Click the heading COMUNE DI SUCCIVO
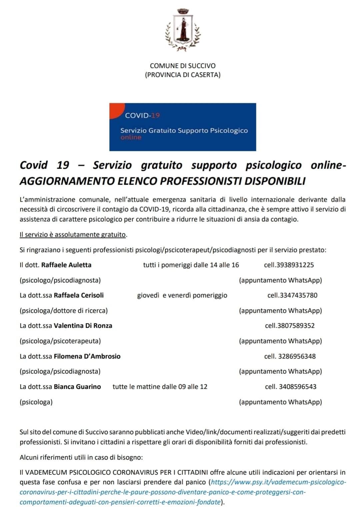[x=183, y=66]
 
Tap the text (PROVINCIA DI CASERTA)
[x=183, y=75]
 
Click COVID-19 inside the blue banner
[x=142, y=115]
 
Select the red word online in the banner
[x=131, y=137]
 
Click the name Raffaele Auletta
[x=66, y=265]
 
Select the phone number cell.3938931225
[x=289, y=265]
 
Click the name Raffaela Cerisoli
[x=79, y=295]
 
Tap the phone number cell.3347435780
[x=292, y=295]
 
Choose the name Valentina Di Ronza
[x=83, y=326]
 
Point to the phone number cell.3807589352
[x=290, y=326]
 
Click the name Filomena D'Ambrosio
[x=87, y=356]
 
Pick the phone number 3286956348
[x=297, y=356]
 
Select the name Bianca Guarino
[x=77, y=387]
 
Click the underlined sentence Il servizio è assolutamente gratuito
[x=73, y=235]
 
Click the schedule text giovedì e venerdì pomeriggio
[x=182, y=295]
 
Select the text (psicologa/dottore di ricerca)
[x=64, y=311]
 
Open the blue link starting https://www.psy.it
[x=279, y=482]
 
